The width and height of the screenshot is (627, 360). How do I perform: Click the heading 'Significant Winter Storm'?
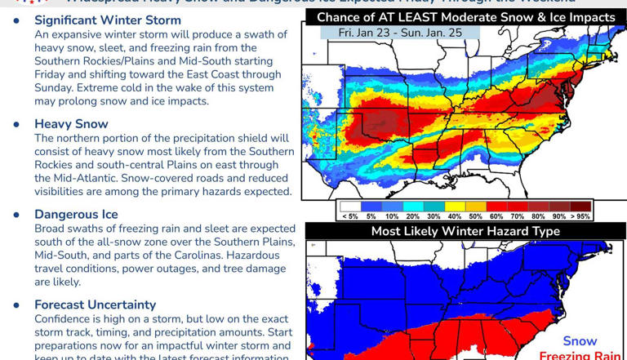[107, 20]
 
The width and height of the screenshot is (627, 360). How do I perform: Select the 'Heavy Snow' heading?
[71, 124]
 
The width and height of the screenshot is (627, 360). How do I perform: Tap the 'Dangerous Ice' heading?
[76, 214]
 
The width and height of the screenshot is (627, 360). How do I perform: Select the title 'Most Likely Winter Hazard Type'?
[465, 231]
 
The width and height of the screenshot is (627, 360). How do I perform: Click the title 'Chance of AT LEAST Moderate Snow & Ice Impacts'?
[465, 17]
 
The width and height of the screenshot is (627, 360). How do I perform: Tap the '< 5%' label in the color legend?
[349, 216]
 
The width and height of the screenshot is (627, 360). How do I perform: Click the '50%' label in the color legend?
[474, 216]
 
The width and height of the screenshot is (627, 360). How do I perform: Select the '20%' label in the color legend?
[412, 216]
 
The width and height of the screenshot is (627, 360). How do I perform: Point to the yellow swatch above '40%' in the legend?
[454, 207]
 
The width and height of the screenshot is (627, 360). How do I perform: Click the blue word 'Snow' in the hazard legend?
[580, 341]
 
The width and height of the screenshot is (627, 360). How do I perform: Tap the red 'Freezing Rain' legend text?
[580, 356]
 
